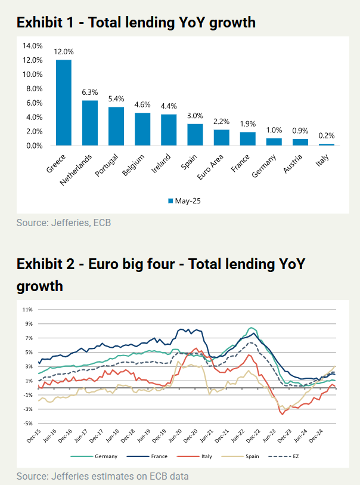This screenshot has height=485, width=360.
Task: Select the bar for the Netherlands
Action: coord(89,123)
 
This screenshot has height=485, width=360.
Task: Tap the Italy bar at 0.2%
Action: coord(327,144)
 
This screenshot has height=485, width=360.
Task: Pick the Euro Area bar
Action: coord(222,137)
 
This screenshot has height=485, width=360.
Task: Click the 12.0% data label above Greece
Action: coord(64,52)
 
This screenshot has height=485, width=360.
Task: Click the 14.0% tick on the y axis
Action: coord(32,46)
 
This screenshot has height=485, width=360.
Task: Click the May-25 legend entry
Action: coord(184,200)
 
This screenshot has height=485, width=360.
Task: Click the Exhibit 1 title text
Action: coord(136,23)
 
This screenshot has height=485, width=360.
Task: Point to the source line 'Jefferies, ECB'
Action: coord(64,223)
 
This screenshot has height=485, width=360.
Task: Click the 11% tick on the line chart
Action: coord(27,310)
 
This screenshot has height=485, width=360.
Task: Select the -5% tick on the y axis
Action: coord(27,424)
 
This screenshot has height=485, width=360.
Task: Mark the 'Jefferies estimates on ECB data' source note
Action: coord(103,476)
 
